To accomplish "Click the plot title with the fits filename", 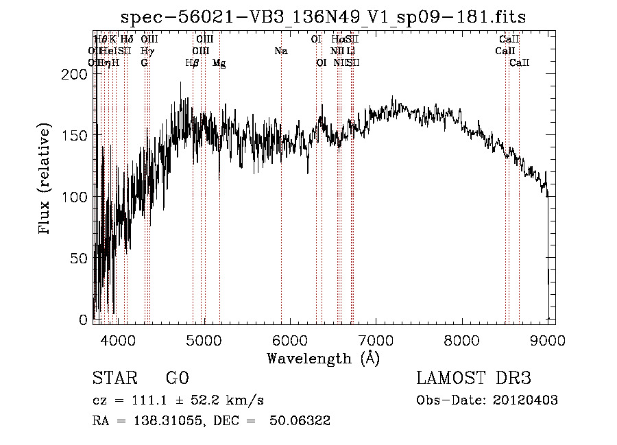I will click(323, 16).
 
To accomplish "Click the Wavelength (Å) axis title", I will click(323, 358).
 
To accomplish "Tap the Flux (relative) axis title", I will click(46, 180).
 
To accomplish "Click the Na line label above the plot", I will click(280, 51).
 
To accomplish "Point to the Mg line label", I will click(219, 62).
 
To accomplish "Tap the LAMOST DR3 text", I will click(474, 378).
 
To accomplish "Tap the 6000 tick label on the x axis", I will click(290, 339).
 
